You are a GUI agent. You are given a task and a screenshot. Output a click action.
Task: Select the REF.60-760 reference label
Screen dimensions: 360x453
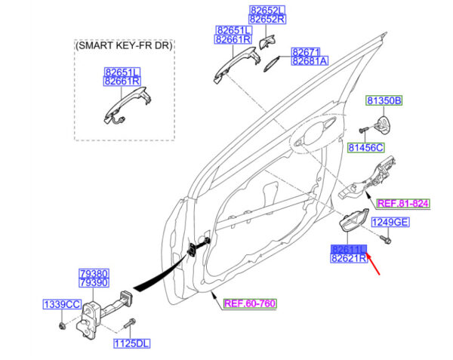tap(251, 304)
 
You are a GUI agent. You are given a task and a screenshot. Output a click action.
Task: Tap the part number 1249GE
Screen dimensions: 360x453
tap(390, 222)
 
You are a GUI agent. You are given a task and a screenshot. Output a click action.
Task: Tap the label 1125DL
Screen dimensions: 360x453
tap(131, 343)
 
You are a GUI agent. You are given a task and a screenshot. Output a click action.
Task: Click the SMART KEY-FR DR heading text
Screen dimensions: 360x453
tap(124, 47)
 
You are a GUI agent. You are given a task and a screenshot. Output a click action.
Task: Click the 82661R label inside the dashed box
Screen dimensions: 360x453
tap(123, 82)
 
